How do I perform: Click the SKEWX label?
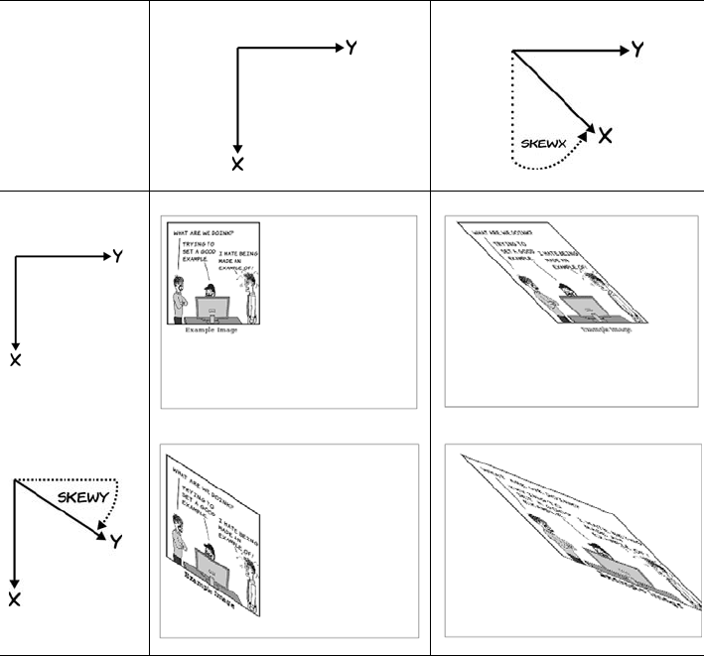point(544,143)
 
